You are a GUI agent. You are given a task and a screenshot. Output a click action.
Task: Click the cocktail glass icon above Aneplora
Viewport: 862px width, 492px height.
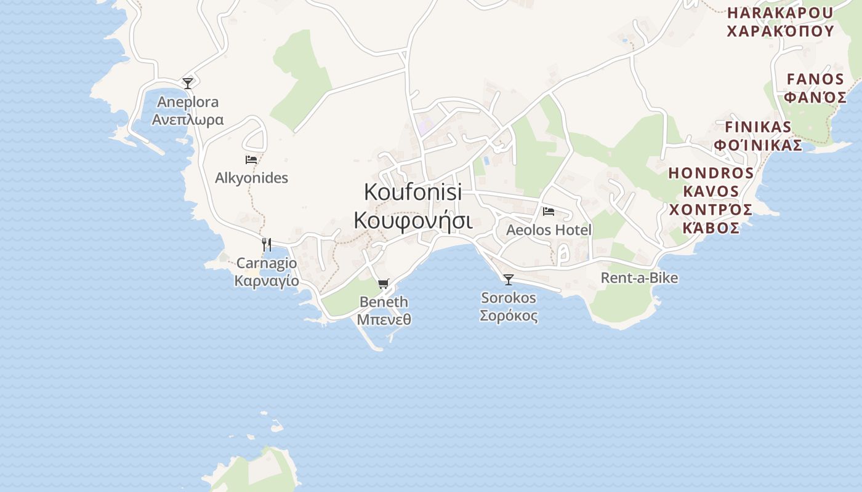(188, 83)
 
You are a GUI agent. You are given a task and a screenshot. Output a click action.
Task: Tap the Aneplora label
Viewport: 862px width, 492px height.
(188, 101)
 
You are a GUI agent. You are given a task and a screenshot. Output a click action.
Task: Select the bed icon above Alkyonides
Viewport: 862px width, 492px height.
(251, 160)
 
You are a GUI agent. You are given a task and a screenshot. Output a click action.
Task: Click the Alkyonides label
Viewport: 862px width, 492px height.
(251, 178)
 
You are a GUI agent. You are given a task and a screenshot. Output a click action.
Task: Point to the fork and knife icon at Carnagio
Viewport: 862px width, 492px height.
(267, 244)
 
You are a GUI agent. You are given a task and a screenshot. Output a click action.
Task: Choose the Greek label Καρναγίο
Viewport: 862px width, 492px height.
(267, 281)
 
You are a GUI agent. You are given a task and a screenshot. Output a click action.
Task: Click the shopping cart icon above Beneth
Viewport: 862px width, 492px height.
(384, 284)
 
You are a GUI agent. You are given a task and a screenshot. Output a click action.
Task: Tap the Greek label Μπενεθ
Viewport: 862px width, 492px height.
(384, 320)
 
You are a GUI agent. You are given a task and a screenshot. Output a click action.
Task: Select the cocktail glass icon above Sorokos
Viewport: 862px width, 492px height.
(508, 280)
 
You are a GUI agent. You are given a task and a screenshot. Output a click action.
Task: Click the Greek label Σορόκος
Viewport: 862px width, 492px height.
(508, 316)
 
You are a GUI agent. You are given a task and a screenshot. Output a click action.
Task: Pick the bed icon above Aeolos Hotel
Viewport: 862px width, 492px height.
(549, 212)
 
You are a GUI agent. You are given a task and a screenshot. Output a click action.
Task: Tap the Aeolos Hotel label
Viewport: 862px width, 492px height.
(549, 230)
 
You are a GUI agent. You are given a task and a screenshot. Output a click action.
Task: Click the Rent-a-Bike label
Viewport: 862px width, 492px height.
(639, 278)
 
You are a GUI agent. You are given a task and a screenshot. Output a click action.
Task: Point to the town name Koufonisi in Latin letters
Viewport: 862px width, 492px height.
(413, 192)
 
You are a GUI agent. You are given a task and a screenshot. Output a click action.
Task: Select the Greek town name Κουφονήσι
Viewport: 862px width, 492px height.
(413, 220)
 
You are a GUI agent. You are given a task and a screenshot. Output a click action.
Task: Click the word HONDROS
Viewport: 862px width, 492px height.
(711, 173)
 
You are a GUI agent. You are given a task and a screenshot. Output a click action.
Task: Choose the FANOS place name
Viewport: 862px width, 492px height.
(815, 79)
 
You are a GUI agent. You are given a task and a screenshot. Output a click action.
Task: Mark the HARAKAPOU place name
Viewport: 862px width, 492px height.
(780, 13)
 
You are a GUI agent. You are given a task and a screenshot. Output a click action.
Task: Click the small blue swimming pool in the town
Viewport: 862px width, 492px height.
(486, 161)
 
